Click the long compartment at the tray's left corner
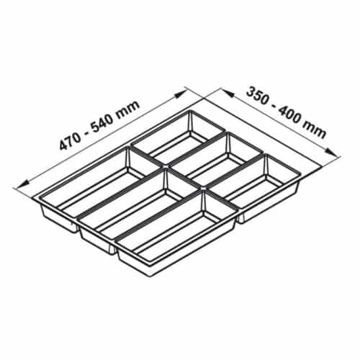coord(86,184)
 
